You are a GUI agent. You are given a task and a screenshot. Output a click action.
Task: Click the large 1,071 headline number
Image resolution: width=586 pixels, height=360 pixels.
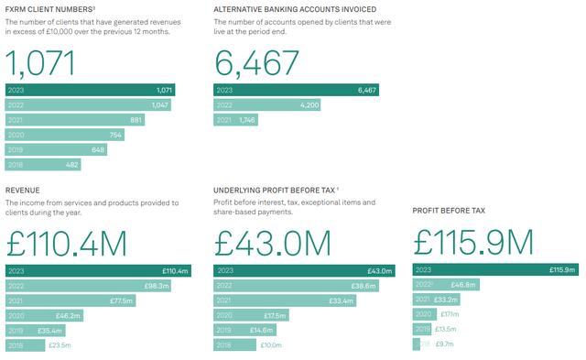pyautogui.click(x=40, y=62)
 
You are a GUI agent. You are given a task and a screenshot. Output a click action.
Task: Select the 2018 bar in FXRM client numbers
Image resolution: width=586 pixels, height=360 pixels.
pyautogui.click(x=43, y=164)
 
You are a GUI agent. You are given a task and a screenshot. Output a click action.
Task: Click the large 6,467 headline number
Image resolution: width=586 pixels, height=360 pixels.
pyautogui.click(x=257, y=62)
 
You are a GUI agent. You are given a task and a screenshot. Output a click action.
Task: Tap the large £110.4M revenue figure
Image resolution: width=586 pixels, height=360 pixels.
pyautogui.click(x=66, y=242)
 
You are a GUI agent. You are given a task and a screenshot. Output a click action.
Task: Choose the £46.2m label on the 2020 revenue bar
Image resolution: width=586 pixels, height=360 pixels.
pyautogui.click(x=68, y=315)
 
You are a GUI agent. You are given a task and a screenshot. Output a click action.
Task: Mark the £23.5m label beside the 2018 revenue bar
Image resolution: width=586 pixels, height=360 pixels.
pyautogui.click(x=59, y=345)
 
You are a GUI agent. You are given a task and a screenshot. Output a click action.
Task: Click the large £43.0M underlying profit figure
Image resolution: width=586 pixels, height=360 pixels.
pyautogui.click(x=272, y=242)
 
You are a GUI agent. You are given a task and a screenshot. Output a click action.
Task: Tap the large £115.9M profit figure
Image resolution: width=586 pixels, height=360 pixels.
pyautogui.click(x=472, y=242)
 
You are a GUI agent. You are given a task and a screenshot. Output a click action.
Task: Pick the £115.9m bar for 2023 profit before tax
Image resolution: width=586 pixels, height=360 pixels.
pyautogui.click(x=495, y=270)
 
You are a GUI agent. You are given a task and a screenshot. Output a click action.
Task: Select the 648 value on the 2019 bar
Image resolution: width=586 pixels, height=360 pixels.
pyautogui.click(x=98, y=149)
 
